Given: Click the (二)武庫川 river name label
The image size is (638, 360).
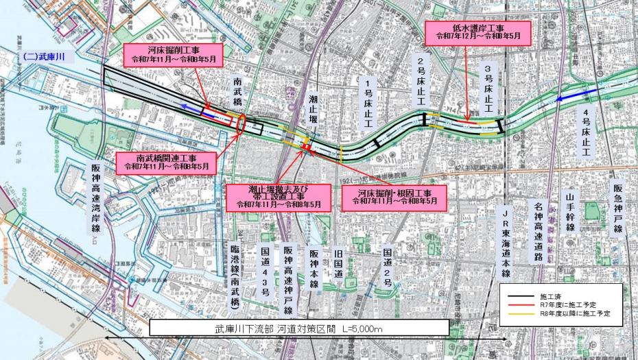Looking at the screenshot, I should pos(43,57).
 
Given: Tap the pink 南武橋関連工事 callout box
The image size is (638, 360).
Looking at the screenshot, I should pos(166,162).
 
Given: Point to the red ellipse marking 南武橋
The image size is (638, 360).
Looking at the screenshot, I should pos(241,123).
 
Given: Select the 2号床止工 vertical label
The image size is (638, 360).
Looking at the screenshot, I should pos(423,82).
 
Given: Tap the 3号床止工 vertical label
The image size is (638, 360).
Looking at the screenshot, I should pos(488,88).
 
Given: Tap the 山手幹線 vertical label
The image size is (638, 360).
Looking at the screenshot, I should pos(569,214).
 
